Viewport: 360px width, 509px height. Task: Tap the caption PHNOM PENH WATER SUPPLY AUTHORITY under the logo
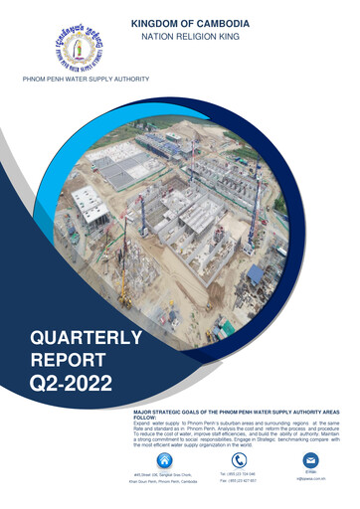[79, 79]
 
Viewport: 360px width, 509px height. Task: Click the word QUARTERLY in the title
[86, 340]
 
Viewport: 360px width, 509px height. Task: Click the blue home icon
[164, 460]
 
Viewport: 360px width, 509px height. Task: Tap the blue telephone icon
[238, 461]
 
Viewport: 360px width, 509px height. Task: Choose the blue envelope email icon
[310, 460]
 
